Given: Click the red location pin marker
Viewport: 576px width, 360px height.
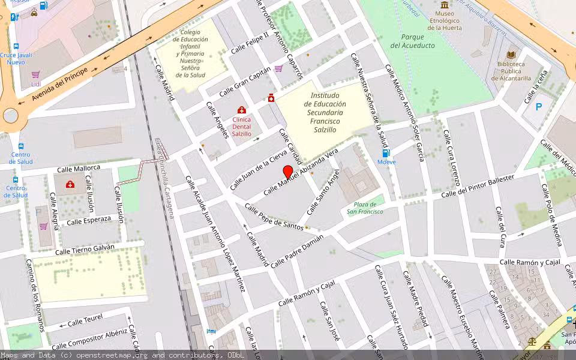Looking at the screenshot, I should (x=288, y=173).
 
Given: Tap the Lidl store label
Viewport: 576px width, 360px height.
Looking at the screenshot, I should (x=35, y=84).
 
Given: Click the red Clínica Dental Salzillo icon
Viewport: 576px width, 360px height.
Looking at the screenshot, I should (x=241, y=110).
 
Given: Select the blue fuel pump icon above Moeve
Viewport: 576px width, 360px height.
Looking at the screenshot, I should (x=386, y=153).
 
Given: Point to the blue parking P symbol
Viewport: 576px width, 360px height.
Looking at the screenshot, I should (x=538, y=107).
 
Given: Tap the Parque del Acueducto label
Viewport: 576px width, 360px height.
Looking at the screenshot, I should (x=412, y=41).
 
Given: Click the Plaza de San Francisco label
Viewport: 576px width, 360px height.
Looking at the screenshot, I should (x=365, y=208).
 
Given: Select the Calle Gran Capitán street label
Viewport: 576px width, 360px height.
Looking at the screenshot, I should (x=245, y=82).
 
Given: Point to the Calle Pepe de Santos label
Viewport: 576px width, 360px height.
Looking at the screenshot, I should (x=274, y=217).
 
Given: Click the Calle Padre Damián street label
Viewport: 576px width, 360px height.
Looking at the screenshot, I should (x=297, y=251).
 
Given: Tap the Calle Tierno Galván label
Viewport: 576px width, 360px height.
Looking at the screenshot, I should (x=85, y=249).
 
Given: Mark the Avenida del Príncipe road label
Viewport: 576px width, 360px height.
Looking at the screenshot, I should (x=60, y=84).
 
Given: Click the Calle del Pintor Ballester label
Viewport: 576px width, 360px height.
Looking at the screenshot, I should (x=478, y=187).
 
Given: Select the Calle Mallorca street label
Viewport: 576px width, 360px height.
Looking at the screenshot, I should (x=79, y=169).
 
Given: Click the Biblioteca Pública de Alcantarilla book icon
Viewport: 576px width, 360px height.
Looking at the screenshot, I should (x=512, y=54).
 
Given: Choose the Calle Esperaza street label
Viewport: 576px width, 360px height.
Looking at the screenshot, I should (x=89, y=220).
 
